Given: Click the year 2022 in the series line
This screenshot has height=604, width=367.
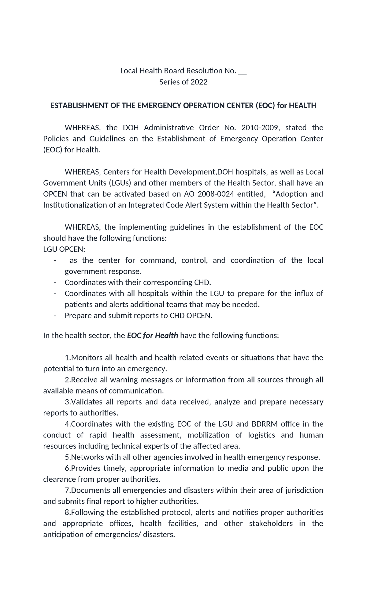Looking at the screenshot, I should tap(199, 82).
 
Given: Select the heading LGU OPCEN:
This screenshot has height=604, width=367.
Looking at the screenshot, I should tap(64, 249).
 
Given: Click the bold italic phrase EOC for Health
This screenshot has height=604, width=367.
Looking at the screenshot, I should tap(152, 336).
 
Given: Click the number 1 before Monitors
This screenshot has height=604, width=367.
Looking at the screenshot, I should tap(67, 358).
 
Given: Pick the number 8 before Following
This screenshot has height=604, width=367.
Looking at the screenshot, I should tap(67, 513).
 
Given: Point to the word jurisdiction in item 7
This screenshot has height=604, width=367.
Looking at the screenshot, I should tap(304, 491).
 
